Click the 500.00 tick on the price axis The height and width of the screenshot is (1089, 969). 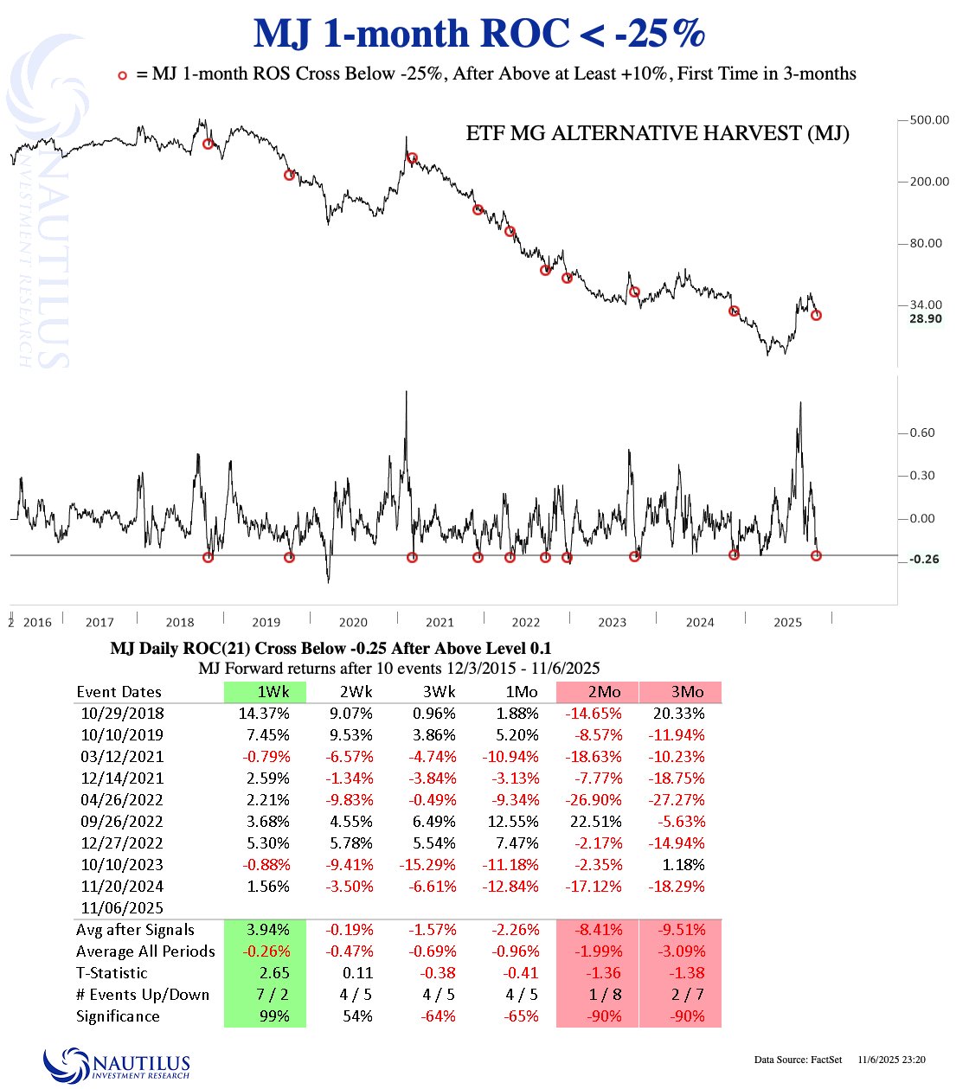click(x=929, y=120)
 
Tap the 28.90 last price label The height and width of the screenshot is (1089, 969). click(x=925, y=319)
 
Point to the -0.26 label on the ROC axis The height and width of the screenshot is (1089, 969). click(x=924, y=560)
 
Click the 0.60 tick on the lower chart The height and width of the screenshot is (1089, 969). click(x=922, y=432)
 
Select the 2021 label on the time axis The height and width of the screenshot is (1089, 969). click(x=440, y=622)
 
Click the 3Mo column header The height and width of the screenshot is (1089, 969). click(x=688, y=692)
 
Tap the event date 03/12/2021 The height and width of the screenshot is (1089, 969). click(x=122, y=757)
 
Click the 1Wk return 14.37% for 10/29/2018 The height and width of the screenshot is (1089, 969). click(x=264, y=714)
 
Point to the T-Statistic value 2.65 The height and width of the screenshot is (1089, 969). click(x=274, y=973)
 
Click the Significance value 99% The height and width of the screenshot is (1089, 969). click(x=274, y=1016)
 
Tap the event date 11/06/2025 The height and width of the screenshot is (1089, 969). click(x=122, y=908)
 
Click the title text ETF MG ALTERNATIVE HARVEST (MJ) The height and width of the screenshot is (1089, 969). click(x=658, y=133)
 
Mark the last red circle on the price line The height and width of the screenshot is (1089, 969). click(x=816, y=316)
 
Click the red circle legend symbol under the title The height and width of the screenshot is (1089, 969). click(x=123, y=75)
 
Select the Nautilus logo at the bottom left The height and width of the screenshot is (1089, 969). click(x=117, y=1064)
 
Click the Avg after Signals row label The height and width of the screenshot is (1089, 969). click(x=135, y=930)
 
